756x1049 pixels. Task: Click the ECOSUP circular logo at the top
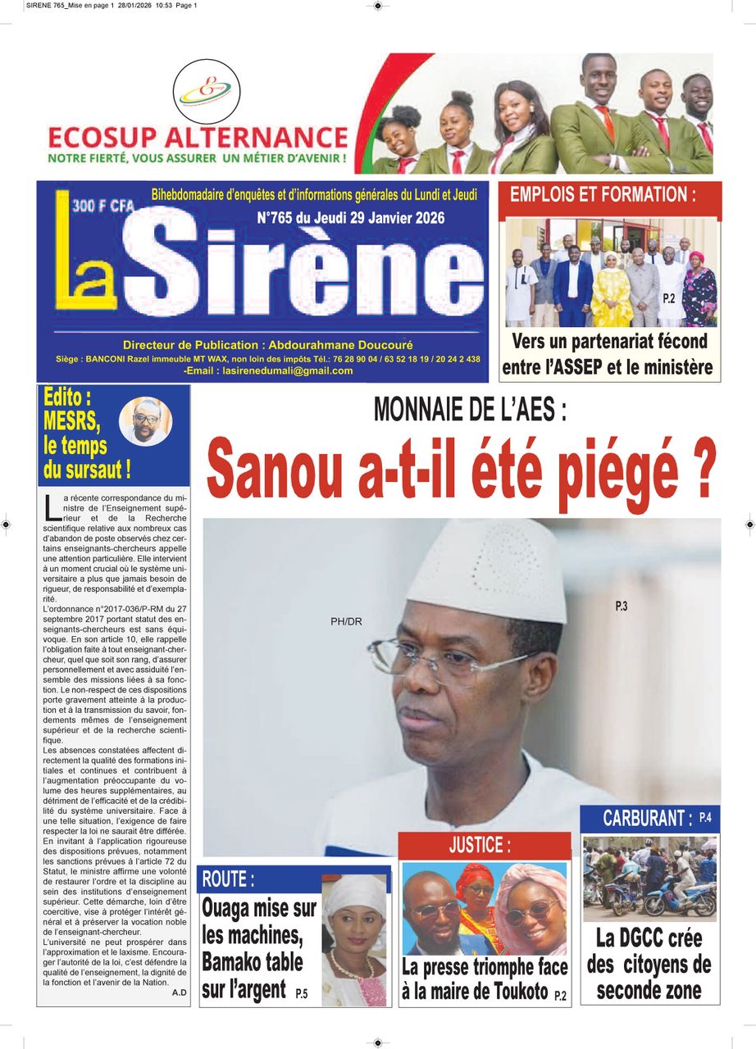point(207,91)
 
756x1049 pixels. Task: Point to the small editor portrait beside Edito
point(146,422)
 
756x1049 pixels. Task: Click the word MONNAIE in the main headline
point(421,409)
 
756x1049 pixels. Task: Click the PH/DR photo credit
point(346,622)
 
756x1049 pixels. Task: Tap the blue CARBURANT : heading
point(647,818)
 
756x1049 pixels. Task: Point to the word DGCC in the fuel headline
point(640,937)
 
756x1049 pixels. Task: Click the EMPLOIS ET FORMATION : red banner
point(603,195)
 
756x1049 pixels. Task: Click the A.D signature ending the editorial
point(180,992)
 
